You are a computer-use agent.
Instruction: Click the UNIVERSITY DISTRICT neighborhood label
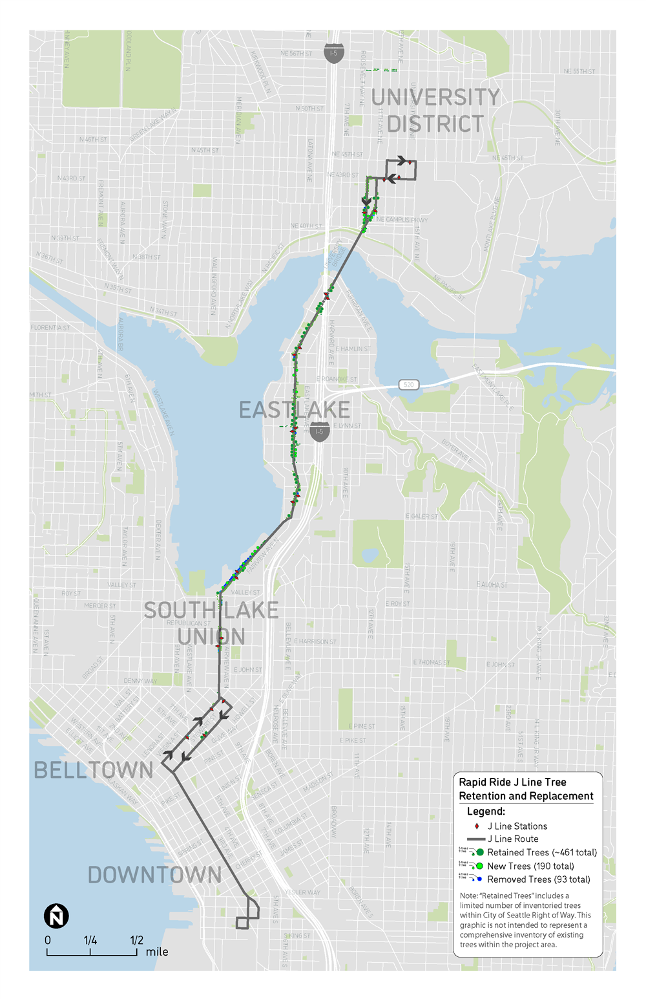pos(435,110)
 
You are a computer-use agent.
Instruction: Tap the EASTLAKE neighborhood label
pos(295,409)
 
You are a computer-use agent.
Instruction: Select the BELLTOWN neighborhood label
pos(94,770)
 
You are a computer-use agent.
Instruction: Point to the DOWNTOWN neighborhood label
pos(155,875)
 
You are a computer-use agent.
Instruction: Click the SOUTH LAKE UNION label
pos(211,623)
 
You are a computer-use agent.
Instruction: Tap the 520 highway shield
pos(409,385)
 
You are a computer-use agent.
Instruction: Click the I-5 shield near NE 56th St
pos(333,53)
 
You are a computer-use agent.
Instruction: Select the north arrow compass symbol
pos(56,916)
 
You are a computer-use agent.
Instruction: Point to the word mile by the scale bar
pos(157,952)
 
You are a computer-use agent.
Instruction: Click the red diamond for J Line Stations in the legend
pos(477,826)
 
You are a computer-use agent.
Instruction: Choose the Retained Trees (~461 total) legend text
pos(542,852)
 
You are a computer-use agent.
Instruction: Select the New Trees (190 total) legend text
pos(530,866)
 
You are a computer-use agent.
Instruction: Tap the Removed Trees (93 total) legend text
pos(539,879)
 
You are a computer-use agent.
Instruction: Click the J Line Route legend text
pos(513,839)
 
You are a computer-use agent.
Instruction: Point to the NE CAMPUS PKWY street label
pos(402,220)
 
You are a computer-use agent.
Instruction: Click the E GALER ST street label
pos(422,517)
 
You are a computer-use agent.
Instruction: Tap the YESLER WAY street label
pos(302,892)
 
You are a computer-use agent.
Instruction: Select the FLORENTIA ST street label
pos(50,328)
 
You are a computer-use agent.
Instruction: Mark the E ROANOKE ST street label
pos(337,380)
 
